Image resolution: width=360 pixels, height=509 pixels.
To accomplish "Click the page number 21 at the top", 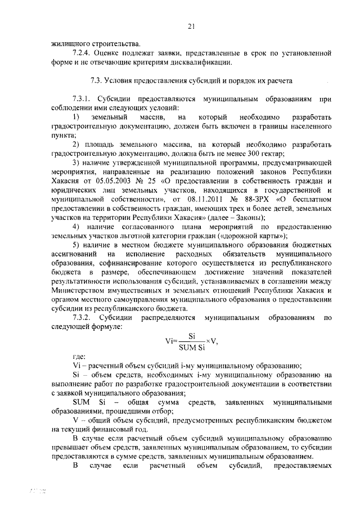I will coord(190,25).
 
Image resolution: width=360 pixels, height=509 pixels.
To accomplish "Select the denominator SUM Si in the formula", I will coord(191,346).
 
